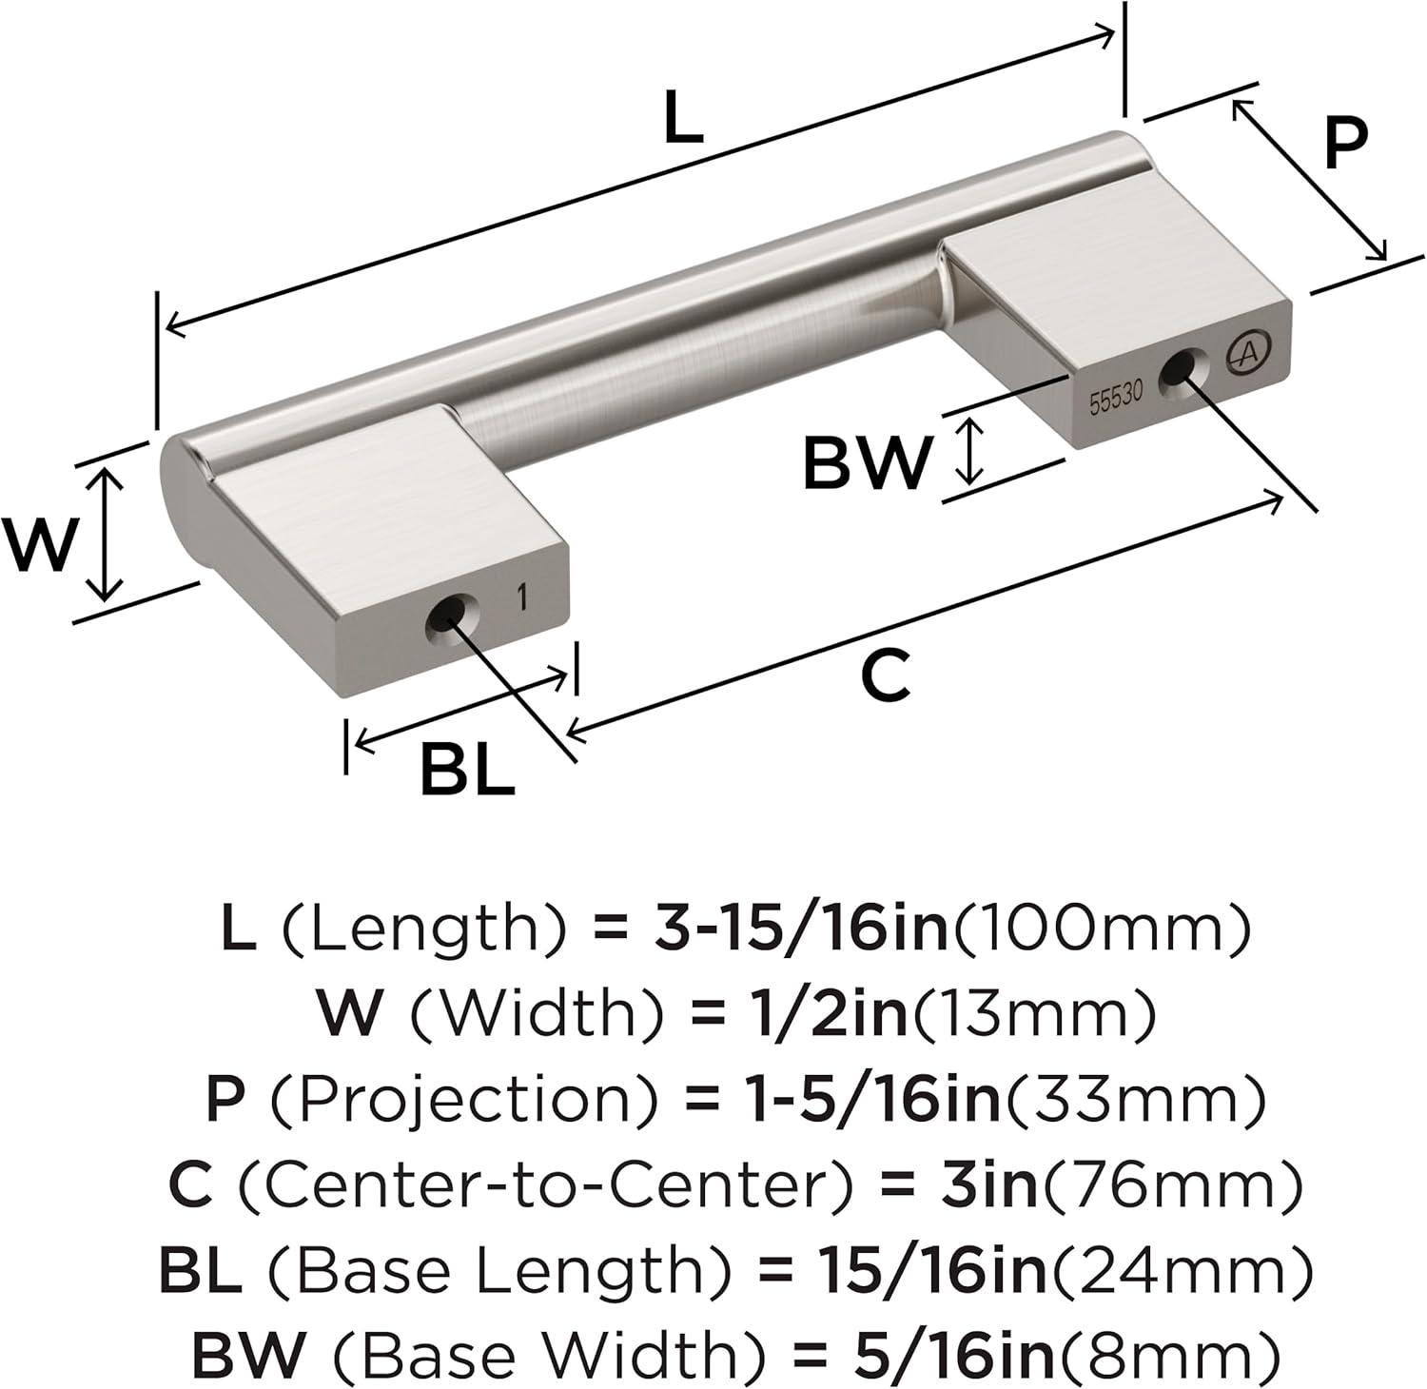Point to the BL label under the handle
pos(467,772)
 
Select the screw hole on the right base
pos(1180,369)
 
